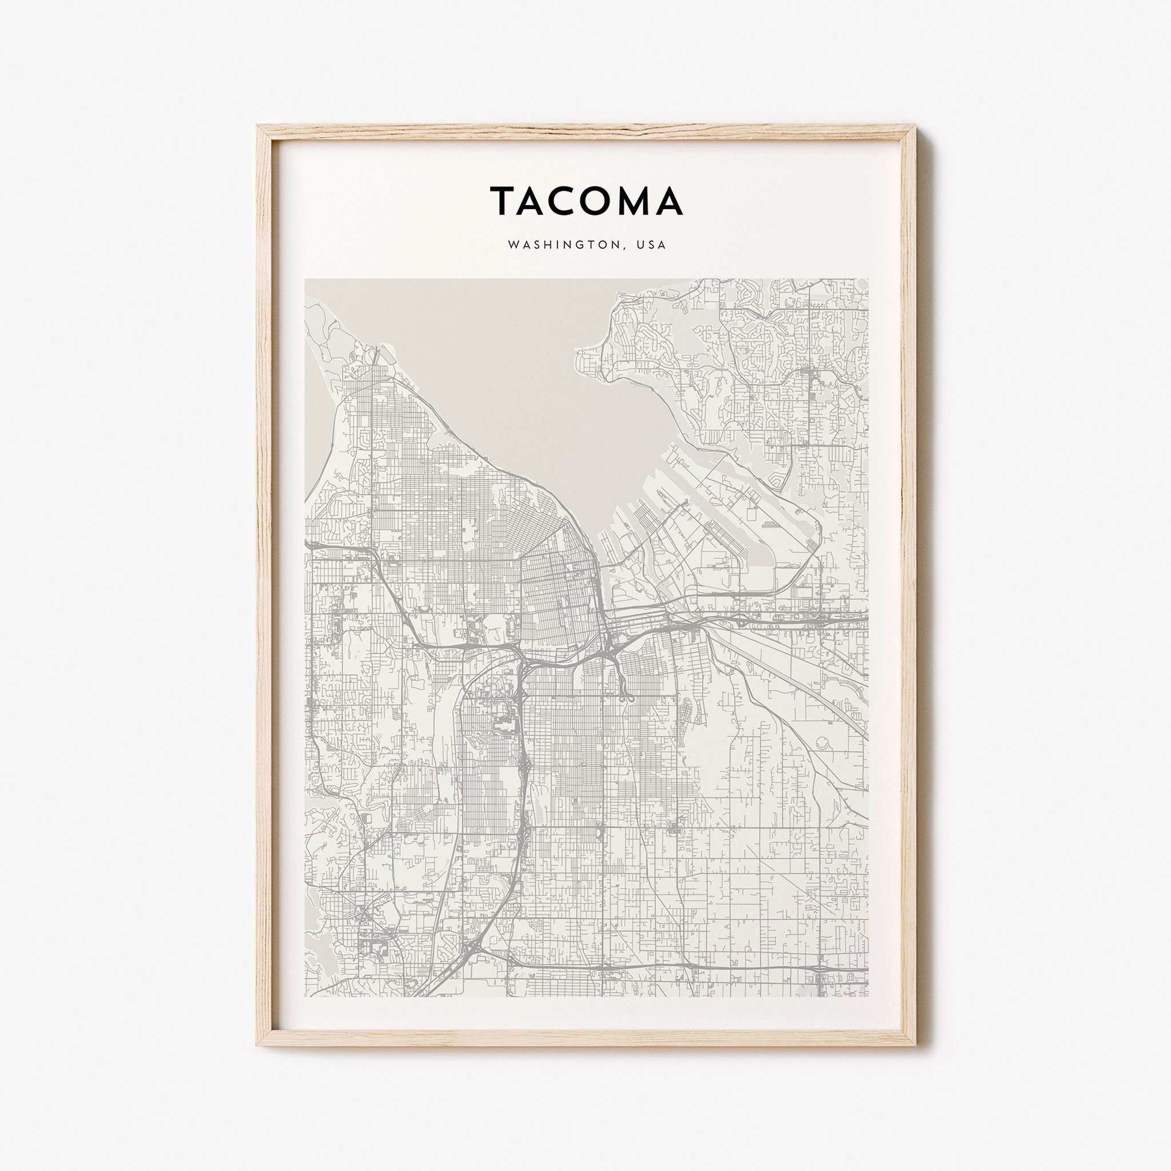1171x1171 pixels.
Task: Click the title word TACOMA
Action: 586,201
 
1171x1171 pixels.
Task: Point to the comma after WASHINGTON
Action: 628,249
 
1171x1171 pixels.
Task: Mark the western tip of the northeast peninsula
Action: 577,350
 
